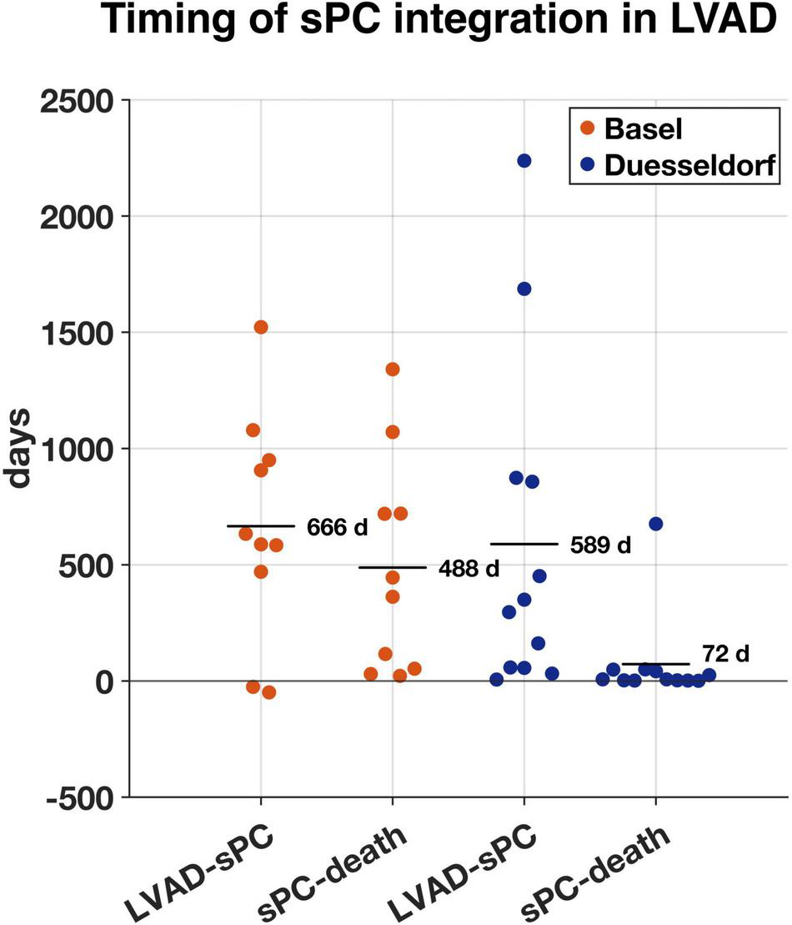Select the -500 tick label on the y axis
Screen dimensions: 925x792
click(x=70, y=797)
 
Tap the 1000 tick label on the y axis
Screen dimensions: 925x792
click(x=70, y=449)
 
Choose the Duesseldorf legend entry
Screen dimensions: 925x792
click(x=675, y=166)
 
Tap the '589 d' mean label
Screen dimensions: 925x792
click(x=600, y=546)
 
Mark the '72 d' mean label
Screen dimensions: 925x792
click(x=725, y=654)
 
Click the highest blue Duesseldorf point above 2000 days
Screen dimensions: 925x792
click(x=524, y=161)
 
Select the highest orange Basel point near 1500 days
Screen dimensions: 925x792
click(x=261, y=327)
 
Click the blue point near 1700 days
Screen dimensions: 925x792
click(x=524, y=289)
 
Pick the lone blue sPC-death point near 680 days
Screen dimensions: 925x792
click(x=656, y=524)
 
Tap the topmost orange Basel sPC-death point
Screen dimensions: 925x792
click(x=393, y=369)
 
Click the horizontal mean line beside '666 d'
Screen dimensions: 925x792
click(x=261, y=526)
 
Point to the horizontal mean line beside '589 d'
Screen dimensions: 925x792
click(x=524, y=544)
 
